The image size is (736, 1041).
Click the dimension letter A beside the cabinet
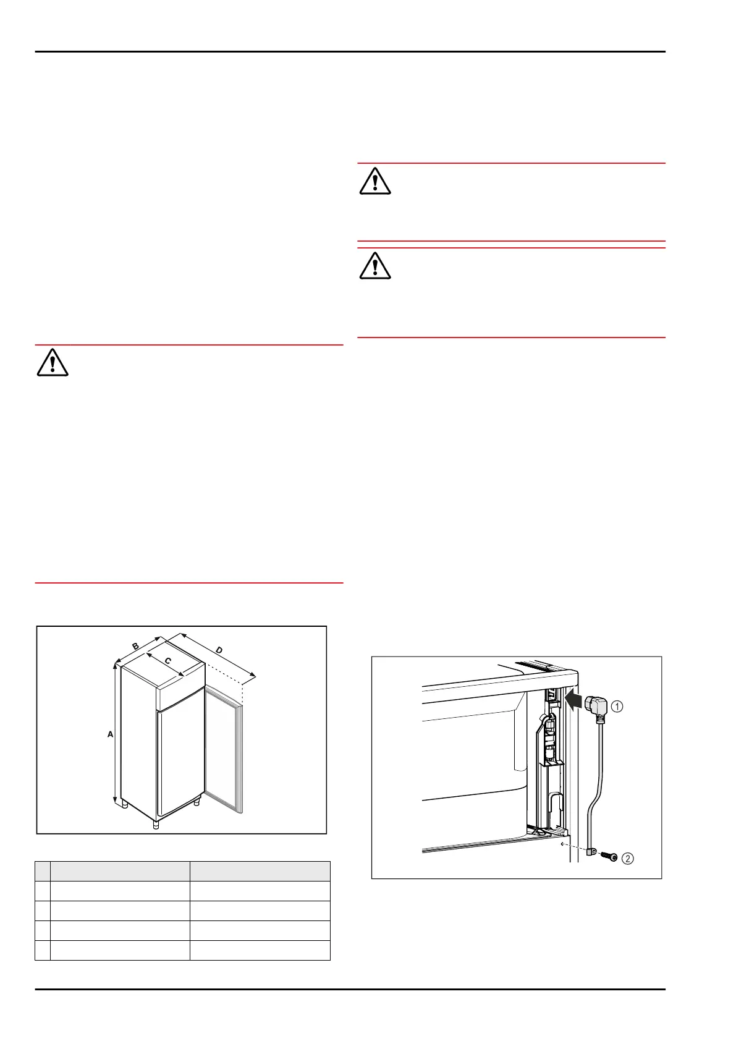pyautogui.click(x=111, y=734)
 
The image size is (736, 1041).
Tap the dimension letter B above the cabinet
pyautogui.click(x=135, y=646)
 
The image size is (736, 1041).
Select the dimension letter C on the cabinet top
pyautogui.click(x=167, y=661)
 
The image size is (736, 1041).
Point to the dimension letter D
pyautogui.click(x=219, y=650)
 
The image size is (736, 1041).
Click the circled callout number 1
pyautogui.click(x=617, y=706)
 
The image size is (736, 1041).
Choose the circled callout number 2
pyautogui.click(x=628, y=858)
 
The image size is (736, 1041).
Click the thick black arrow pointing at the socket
pyautogui.click(x=574, y=702)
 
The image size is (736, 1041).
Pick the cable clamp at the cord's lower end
pyautogui.click(x=590, y=854)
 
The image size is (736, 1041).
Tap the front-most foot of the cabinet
pyautogui.click(x=156, y=823)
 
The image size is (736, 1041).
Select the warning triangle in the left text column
pyautogui.click(x=53, y=363)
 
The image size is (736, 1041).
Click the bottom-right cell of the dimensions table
pyautogui.click(x=260, y=950)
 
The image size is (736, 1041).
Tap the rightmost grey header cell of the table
pyautogui.click(x=260, y=871)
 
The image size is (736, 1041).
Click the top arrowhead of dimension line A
pyautogui.click(x=115, y=665)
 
